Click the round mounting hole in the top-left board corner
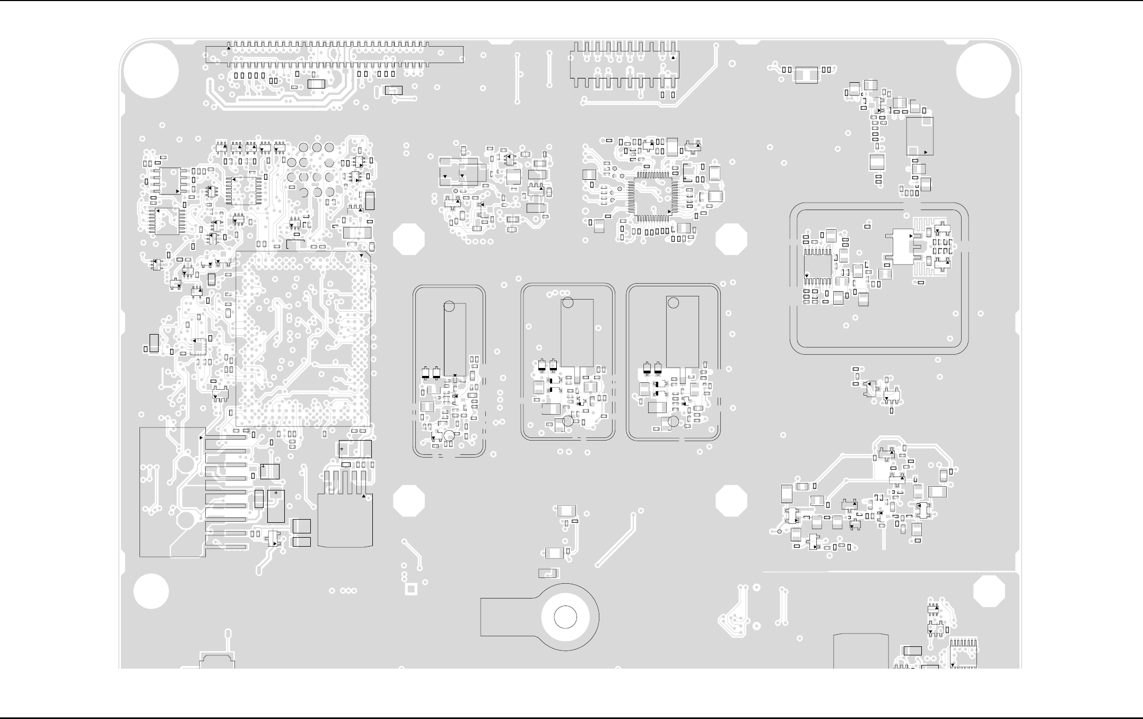click(151, 71)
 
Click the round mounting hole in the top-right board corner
click(983, 71)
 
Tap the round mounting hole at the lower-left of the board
click(151, 591)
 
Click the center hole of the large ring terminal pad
click(565, 618)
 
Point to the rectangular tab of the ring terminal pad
click(507, 617)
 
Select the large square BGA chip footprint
click(303, 339)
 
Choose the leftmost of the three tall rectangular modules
click(455, 339)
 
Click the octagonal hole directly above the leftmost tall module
click(409, 239)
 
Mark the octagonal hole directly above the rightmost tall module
click(731, 239)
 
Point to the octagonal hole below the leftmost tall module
click(409, 501)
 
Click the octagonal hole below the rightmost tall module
click(731, 501)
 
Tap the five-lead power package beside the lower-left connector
click(345, 520)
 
